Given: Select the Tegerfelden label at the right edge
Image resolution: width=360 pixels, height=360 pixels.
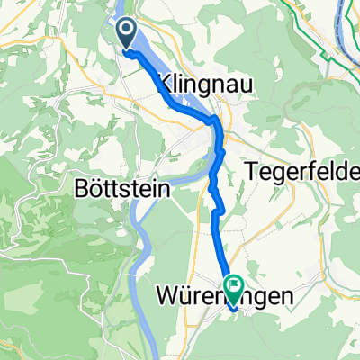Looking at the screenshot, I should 301,169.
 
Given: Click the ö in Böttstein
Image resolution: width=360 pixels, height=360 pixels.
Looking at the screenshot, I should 92,192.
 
